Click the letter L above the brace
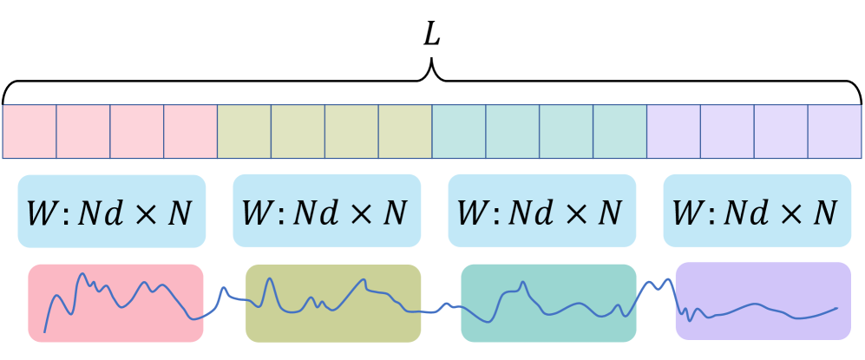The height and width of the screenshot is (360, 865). [x=432, y=34]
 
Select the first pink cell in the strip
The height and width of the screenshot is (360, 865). [x=29, y=132]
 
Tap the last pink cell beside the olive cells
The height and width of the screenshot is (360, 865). [x=190, y=132]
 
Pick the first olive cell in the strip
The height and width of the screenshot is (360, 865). [x=244, y=132]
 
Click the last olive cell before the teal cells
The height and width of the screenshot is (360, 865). [x=405, y=132]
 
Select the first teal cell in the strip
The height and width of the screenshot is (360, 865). [x=459, y=132]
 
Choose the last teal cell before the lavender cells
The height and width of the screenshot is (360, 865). [x=620, y=132]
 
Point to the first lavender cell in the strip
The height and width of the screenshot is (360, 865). [x=674, y=132]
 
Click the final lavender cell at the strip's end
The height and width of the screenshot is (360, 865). [x=835, y=132]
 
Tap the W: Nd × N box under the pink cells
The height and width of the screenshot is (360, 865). [x=111, y=211]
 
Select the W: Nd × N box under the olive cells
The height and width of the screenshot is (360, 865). [x=326, y=211]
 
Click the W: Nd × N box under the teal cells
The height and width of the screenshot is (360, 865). [x=541, y=211]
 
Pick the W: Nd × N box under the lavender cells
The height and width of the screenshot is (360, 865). [x=757, y=211]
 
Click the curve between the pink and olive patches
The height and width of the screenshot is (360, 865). [x=224, y=290]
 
